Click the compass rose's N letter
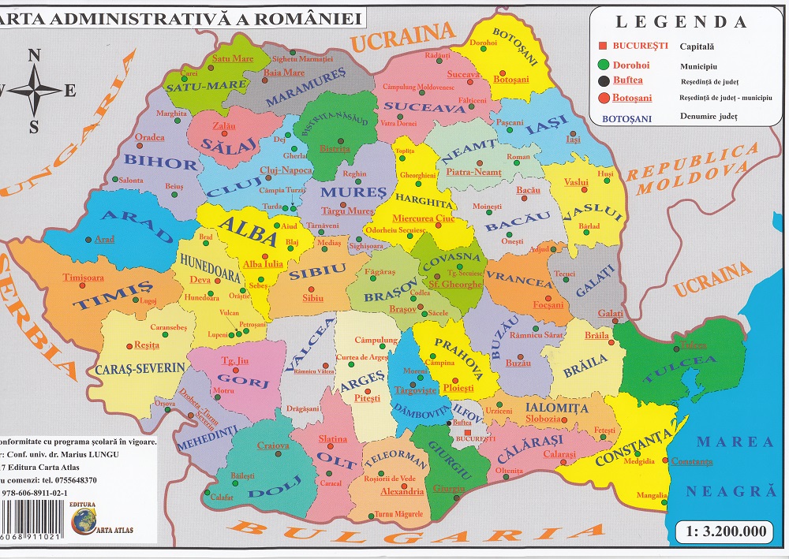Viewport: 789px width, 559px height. tap(34, 55)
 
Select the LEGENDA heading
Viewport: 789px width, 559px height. tap(681, 22)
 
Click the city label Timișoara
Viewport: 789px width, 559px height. tap(83, 278)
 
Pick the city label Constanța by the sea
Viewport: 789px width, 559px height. tap(694, 460)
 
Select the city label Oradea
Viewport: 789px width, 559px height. tap(150, 137)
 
